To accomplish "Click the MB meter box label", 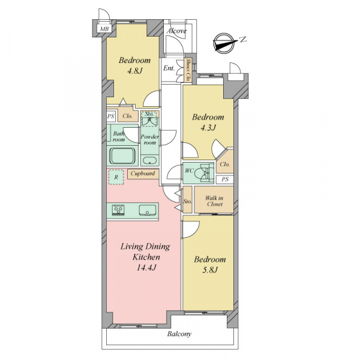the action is point(104,29).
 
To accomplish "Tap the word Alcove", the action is point(176,31).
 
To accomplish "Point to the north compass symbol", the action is point(226,43).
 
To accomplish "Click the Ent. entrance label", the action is point(169,68).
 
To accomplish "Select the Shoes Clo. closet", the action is point(188,70).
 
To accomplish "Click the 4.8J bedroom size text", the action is point(135,71).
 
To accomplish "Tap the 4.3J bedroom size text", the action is point(208,128).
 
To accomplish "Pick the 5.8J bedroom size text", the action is point(210,270).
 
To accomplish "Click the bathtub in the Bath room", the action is point(122,156).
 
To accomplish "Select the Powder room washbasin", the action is point(149,160).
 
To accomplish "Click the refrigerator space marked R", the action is point(116,177).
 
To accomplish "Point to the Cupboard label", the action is point(143,173).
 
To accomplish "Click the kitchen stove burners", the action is point(118,210).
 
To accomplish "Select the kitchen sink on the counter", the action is point(148,210).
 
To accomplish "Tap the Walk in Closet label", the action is point(214,201).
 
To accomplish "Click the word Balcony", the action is point(179,334).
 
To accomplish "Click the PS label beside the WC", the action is point(225,179).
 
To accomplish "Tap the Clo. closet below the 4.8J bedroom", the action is point(128,116).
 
